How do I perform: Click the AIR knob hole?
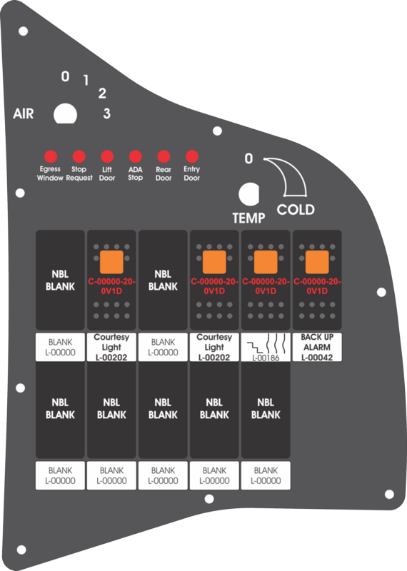[65, 114]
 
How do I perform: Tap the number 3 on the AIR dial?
[106, 113]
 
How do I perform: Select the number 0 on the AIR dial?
[65, 76]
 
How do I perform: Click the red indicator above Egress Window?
[51, 157]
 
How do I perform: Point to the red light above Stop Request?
[79, 157]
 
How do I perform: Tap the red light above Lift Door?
[107, 157]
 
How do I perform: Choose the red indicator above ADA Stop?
[135, 157]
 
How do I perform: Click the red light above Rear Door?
[164, 157]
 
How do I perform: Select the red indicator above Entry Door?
[191, 157]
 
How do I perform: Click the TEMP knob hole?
[249, 193]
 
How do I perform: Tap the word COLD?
[296, 209]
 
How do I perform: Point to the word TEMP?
[249, 218]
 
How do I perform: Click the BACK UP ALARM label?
[317, 347]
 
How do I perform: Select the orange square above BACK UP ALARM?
[317, 262]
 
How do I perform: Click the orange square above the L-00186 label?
[266, 262]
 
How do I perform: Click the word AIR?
[24, 113]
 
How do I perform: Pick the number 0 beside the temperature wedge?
[248, 158]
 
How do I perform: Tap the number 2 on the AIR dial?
[102, 94]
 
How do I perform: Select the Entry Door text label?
[191, 173]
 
